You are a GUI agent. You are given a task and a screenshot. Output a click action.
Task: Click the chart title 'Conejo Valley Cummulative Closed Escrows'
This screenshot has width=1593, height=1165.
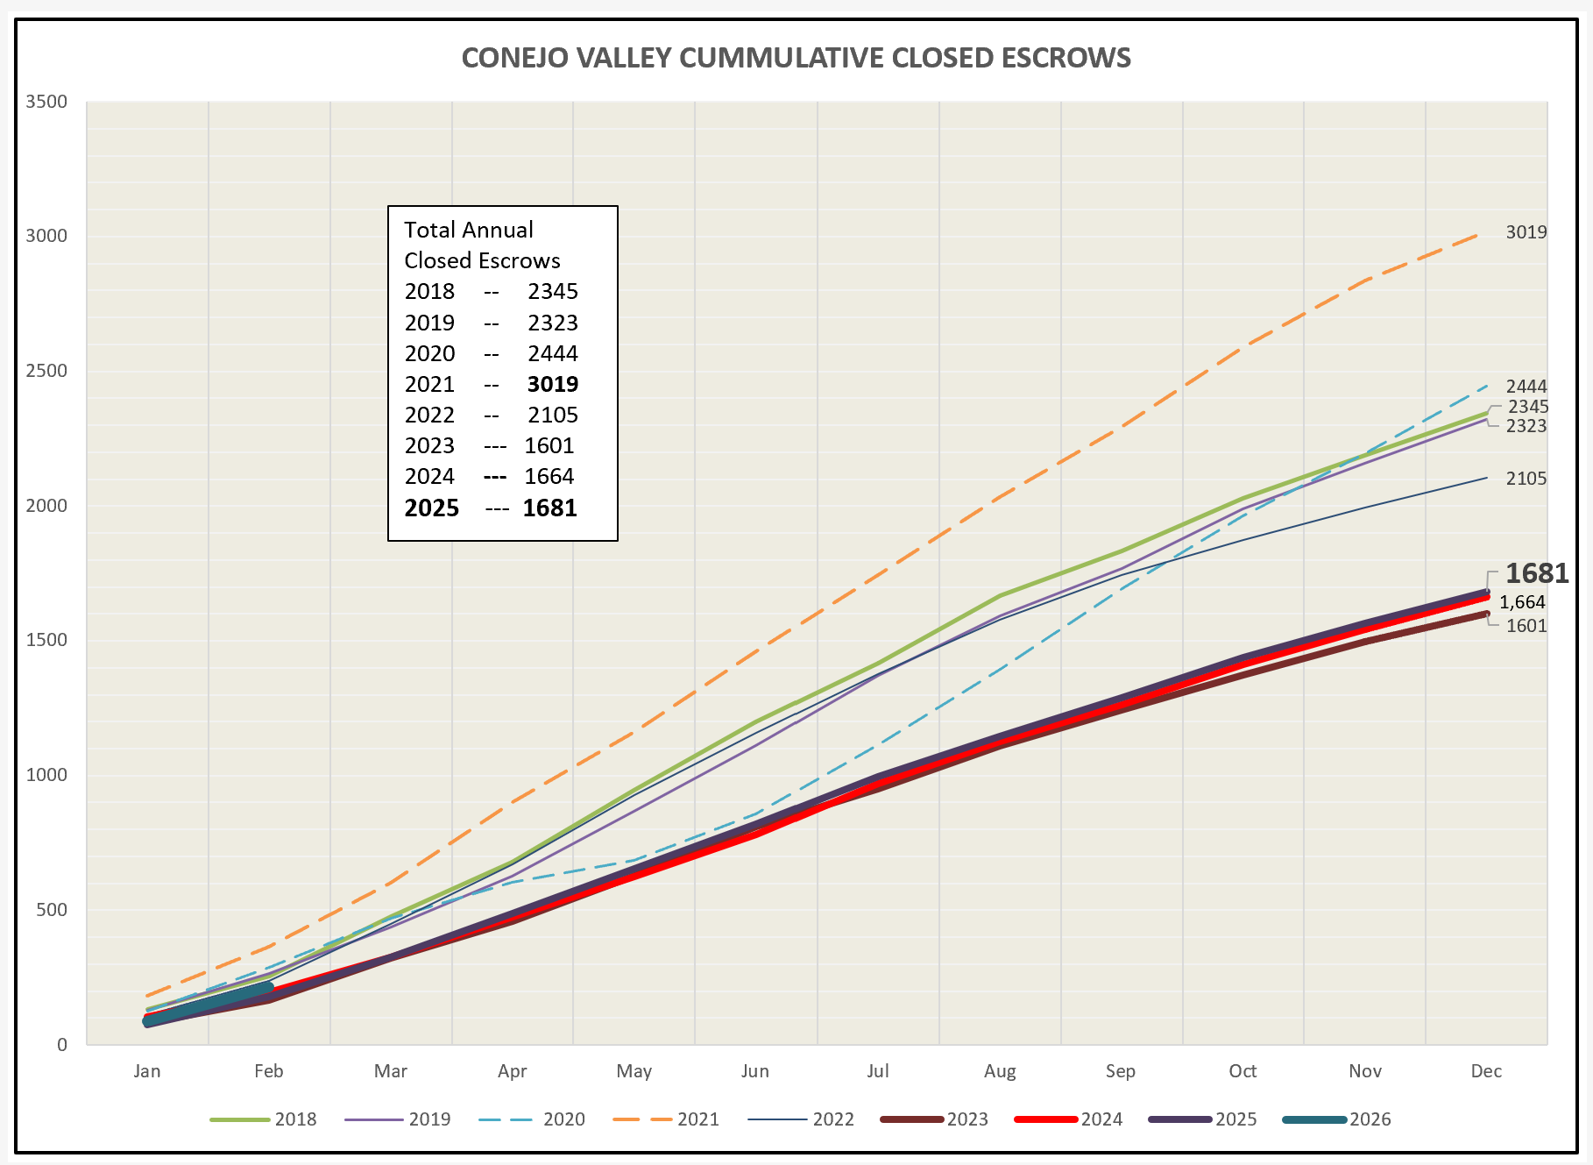coord(796,58)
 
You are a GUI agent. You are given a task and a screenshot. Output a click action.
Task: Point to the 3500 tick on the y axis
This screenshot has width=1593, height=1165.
coord(46,102)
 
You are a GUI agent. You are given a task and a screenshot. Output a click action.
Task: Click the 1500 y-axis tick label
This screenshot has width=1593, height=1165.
coord(46,640)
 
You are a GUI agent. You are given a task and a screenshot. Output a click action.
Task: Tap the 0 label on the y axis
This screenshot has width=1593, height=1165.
coord(62,1045)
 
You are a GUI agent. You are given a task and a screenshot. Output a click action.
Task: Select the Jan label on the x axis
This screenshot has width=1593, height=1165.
coord(147,1071)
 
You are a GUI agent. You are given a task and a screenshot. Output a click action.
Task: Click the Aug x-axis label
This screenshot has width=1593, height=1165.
coord(1000,1071)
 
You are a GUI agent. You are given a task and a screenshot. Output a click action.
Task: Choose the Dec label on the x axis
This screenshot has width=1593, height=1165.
coord(1486,1071)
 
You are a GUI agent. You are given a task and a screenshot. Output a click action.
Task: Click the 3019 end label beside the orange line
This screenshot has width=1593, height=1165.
coord(1526,232)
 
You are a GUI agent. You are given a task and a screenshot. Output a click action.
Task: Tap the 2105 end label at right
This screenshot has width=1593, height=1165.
coord(1526,479)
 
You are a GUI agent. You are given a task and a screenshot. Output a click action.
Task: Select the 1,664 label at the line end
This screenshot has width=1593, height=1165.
coord(1522,602)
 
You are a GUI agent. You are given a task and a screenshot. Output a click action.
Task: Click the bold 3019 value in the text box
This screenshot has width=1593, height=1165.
coord(553,384)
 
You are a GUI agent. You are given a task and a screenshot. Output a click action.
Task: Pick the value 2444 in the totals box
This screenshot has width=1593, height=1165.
coord(553,353)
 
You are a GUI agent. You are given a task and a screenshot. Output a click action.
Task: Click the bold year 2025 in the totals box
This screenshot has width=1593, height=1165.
coord(432,508)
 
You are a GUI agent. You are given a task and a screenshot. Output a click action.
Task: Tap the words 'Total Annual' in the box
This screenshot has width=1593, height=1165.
coord(469,230)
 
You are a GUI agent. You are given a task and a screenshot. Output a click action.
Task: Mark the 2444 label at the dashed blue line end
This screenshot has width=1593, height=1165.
coord(1526,387)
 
